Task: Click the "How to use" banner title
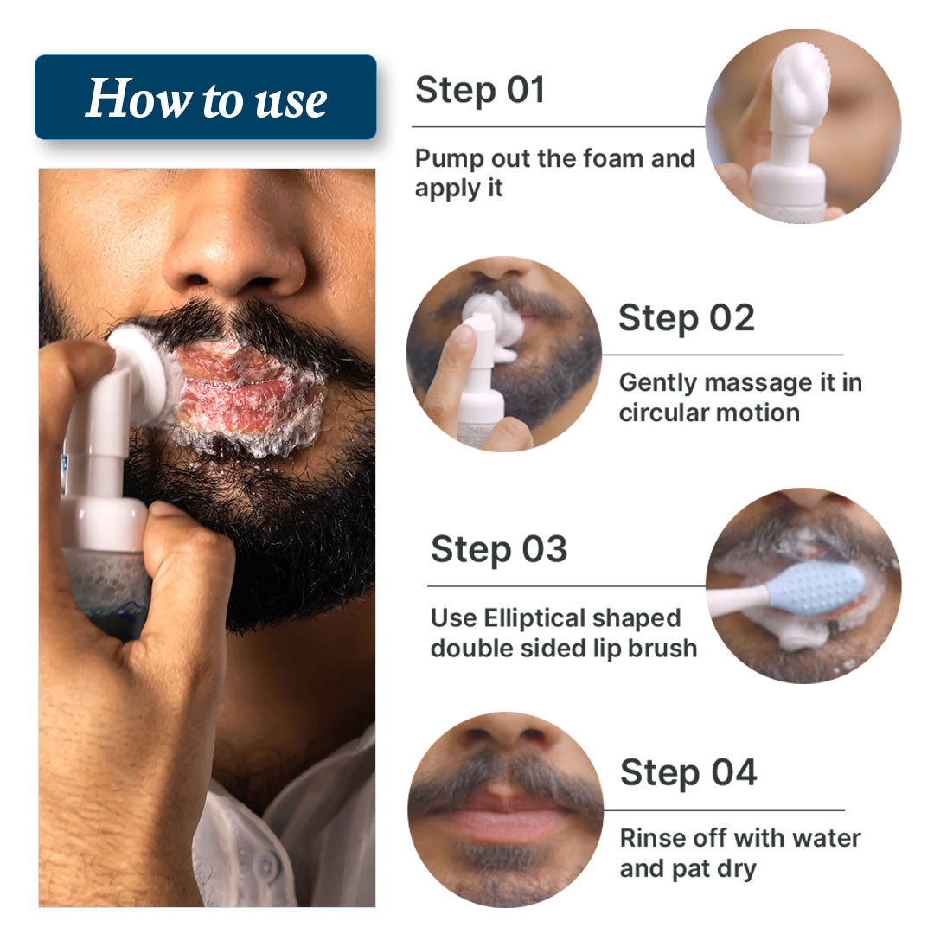tap(206, 99)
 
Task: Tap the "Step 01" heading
tap(479, 90)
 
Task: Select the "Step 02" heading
tap(686, 318)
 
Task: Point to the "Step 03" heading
tap(499, 549)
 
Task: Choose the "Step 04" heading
tap(688, 772)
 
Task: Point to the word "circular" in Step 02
tap(661, 413)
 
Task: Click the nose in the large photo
tap(233, 251)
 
